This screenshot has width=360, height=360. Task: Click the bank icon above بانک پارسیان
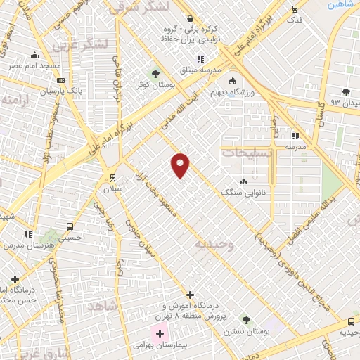(x=61, y=80)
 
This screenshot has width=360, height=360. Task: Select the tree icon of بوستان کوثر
(x=155, y=73)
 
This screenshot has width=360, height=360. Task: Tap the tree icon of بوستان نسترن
(x=245, y=319)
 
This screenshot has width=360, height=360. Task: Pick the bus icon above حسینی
(x=70, y=226)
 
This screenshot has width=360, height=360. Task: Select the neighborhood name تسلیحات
(x=245, y=151)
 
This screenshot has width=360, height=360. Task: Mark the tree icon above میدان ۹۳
(x=345, y=91)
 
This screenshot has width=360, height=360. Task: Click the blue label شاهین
(x=340, y=4)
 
